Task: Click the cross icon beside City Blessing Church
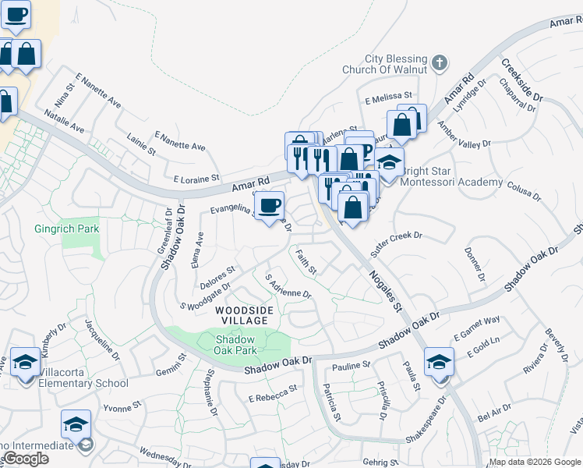tap(440, 62)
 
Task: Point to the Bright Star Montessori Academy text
tap(451, 182)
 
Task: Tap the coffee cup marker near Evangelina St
tap(270, 207)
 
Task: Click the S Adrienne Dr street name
tap(288, 286)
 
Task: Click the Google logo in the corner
tap(26, 459)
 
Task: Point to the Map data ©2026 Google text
tap(534, 462)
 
